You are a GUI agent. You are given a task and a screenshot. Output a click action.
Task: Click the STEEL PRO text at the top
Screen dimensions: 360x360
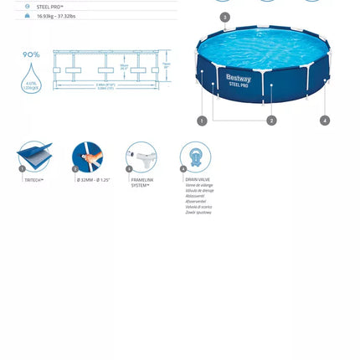(x=49, y=7)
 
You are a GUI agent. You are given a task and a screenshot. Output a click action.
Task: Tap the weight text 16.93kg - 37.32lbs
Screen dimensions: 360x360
(x=56, y=16)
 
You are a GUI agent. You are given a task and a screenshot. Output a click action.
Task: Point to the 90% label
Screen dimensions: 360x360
(x=31, y=54)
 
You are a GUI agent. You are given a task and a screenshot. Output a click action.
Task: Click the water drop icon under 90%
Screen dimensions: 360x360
(x=31, y=79)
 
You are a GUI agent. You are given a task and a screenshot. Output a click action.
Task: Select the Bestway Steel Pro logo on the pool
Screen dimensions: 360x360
(x=238, y=80)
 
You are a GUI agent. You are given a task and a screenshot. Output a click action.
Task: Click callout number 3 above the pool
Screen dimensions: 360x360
(x=224, y=18)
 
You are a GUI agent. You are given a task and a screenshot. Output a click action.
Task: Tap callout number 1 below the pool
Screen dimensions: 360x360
(x=202, y=121)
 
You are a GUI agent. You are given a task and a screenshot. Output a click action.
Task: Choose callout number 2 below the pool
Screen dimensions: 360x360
(x=271, y=121)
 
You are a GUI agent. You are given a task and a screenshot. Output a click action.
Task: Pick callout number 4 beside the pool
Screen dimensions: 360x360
(x=325, y=121)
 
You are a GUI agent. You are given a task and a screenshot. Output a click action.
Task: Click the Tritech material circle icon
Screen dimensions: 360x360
(x=34, y=157)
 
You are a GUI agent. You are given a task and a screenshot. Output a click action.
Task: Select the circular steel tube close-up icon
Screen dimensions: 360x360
(x=88, y=157)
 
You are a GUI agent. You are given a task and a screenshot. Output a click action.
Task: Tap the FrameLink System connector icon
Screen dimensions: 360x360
(x=141, y=157)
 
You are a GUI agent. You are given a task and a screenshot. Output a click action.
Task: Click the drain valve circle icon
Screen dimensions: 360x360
(x=195, y=157)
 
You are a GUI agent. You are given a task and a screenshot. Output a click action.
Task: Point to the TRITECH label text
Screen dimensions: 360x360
(x=33, y=180)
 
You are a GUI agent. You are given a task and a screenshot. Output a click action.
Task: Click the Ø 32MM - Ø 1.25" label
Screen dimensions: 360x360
(x=93, y=180)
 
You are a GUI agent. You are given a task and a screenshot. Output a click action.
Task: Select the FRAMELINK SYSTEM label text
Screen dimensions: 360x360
(x=142, y=183)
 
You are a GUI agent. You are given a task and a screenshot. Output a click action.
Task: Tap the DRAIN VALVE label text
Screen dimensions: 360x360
(x=198, y=179)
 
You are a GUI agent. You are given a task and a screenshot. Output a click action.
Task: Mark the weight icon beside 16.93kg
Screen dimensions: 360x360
(x=28, y=16)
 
